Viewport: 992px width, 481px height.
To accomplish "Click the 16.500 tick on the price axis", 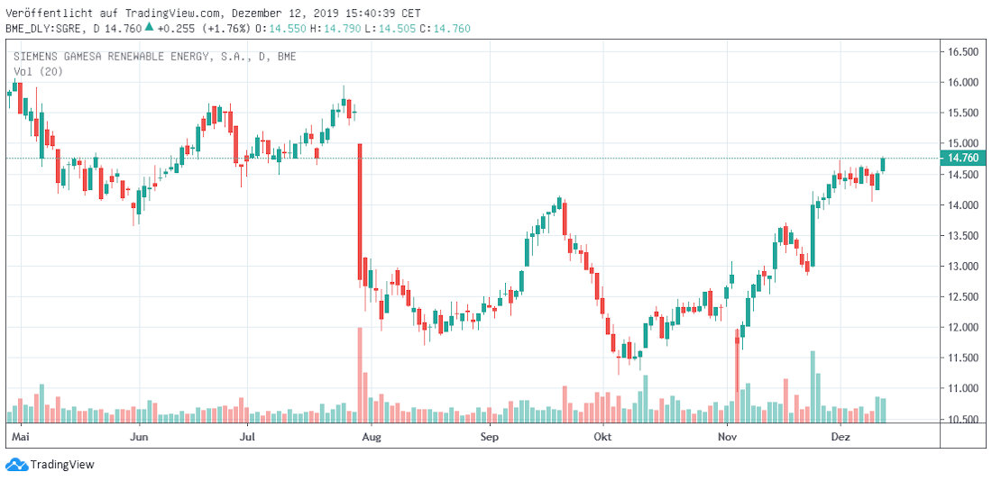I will tap(962, 52).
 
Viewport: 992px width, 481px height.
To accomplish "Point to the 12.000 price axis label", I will tap(962, 328).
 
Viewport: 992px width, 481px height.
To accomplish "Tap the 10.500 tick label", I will tap(962, 420).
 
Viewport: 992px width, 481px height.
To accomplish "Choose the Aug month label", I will tap(370, 437).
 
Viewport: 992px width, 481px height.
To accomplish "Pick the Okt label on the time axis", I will tap(603, 437).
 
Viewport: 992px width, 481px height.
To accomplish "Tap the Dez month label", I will tap(840, 437).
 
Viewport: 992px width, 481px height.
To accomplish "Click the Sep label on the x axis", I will tap(490, 437).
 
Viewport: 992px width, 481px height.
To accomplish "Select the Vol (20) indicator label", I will tap(37, 72).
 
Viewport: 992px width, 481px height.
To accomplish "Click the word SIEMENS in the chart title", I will tap(37, 57).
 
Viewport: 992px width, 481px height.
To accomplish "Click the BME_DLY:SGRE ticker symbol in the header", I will tap(46, 28).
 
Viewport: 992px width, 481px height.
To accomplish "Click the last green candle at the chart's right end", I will tap(884, 164).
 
